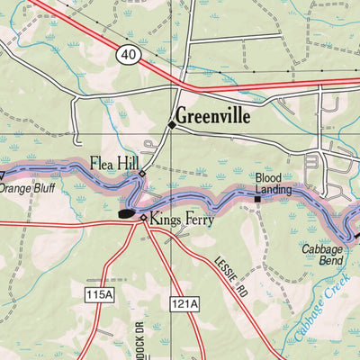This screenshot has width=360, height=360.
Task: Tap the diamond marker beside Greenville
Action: [171, 124]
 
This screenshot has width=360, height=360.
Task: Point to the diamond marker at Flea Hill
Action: [141, 171]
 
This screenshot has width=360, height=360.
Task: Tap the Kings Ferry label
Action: [180, 217]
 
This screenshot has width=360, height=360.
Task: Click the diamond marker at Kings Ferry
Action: [143, 217]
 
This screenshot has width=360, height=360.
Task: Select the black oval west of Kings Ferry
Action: [126, 213]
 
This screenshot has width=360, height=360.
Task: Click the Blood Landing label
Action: [269, 184]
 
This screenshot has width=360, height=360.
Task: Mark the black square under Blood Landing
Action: [256, 199]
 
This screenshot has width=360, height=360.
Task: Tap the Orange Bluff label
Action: [27, 189]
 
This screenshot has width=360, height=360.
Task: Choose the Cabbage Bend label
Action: [322, 255]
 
